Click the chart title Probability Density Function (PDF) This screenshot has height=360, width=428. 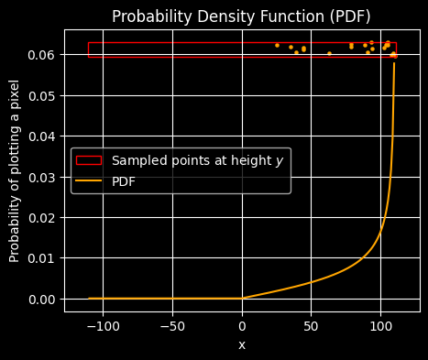[242, 16]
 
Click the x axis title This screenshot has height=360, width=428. [242, 344]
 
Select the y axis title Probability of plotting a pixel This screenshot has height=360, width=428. [15, 170]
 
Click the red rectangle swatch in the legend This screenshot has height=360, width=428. [89, 160]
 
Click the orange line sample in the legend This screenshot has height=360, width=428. [89, 181]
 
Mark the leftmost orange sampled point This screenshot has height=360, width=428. [277, 45]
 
